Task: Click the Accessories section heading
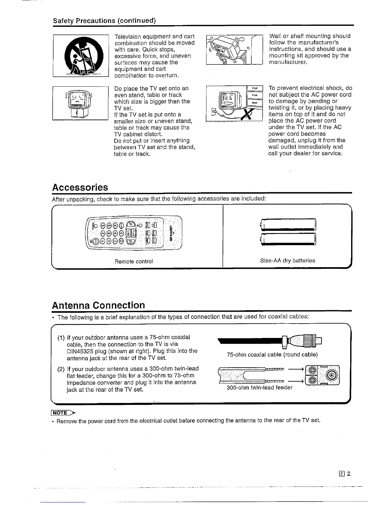coord(80,187)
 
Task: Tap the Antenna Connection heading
coord(98,305)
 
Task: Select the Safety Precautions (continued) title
coord(104,21)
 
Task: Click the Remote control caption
coord(134,261)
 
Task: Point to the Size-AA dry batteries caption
coord(287,260)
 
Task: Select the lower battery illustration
coord(288,239)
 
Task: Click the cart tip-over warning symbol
coord(81,56)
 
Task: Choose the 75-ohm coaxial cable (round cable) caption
coord(272,355)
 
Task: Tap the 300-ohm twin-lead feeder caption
coord(259,388)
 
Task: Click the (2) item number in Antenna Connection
coord(61,370)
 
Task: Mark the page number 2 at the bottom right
coord(349,473)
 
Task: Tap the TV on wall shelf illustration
coord(234,50)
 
